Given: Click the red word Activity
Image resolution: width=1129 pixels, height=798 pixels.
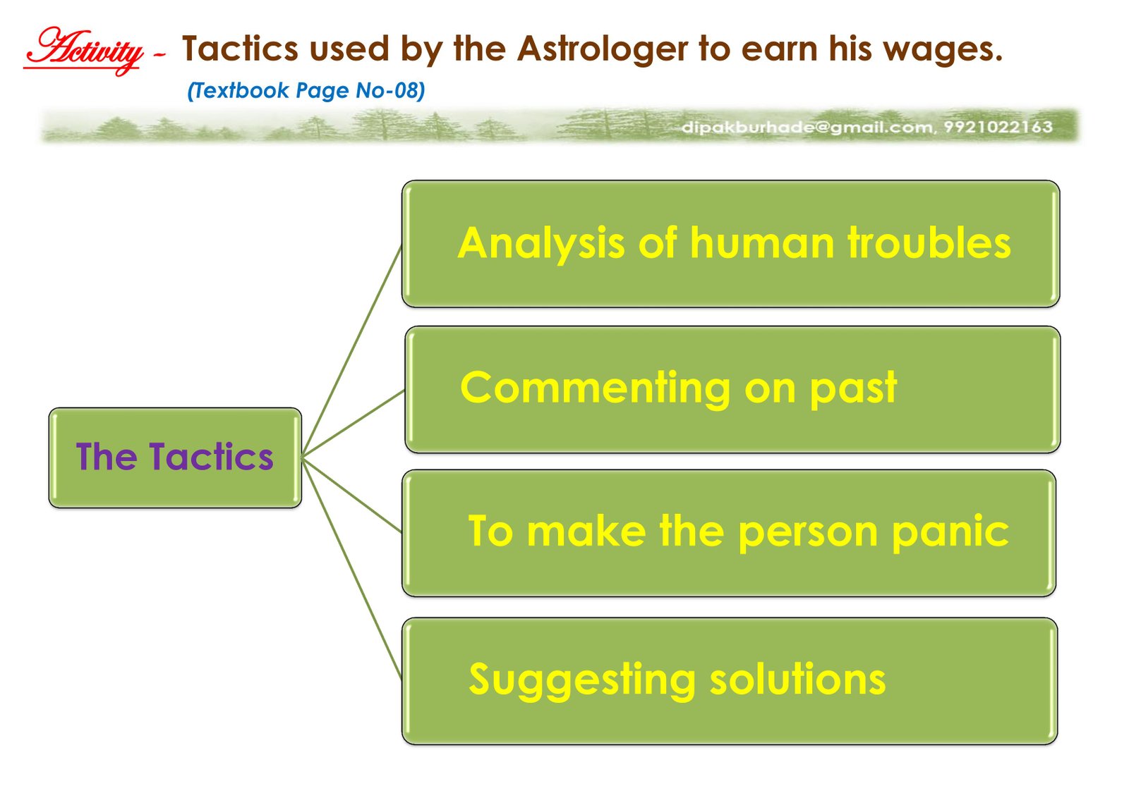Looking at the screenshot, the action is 84,51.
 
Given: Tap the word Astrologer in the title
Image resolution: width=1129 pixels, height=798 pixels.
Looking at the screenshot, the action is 603,50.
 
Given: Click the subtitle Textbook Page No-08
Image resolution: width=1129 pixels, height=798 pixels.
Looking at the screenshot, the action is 306,91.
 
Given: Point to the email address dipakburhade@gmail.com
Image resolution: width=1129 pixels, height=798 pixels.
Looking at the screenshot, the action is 807,128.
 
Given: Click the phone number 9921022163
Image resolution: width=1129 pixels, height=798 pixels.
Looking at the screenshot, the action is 998,127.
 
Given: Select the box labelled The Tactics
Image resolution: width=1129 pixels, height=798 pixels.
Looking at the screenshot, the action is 175,458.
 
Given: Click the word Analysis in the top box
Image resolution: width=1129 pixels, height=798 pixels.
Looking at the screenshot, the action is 542,245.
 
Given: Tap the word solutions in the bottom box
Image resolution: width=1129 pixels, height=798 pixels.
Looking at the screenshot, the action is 797,679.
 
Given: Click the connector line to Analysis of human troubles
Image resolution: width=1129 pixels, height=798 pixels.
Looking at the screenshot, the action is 352,352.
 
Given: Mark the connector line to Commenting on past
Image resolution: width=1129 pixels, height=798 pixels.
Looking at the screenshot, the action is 353,424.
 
